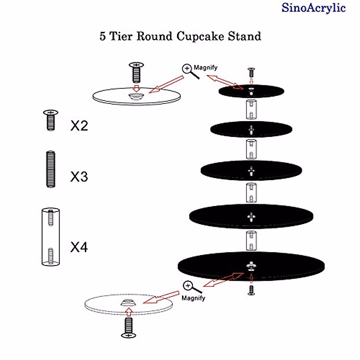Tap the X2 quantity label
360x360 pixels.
79,125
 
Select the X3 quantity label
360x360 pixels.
79,176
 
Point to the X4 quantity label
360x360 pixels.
79,247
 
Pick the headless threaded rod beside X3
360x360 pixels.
51,169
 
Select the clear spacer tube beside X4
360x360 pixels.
50,237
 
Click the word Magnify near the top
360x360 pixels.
205,67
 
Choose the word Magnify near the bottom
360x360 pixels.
193,298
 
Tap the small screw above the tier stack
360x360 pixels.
251,72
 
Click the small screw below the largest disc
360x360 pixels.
251,290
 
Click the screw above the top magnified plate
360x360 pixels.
136,72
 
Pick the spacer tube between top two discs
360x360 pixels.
251,109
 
